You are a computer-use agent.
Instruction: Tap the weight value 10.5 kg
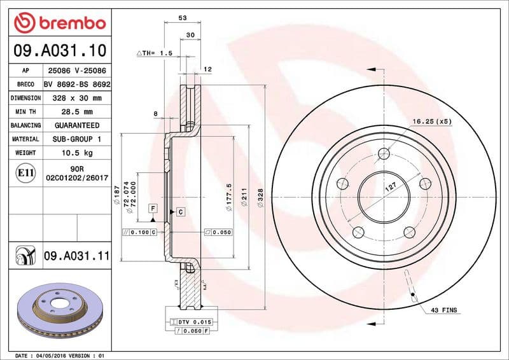click(77, 153)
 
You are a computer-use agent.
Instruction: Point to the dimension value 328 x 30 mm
click(77, 99)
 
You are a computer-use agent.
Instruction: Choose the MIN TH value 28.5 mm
click(77, 112)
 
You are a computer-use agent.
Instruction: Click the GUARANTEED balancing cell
click(77, 126)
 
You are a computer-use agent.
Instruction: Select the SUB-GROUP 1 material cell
click(77, 139)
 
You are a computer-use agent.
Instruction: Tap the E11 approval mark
click(25, 172)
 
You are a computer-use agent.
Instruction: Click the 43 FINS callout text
click(443, 310)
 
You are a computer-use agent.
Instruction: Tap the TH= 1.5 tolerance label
click(156, 53)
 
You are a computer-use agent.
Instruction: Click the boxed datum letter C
click(180, 211)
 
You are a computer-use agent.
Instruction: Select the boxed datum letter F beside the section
click(153, 208)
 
